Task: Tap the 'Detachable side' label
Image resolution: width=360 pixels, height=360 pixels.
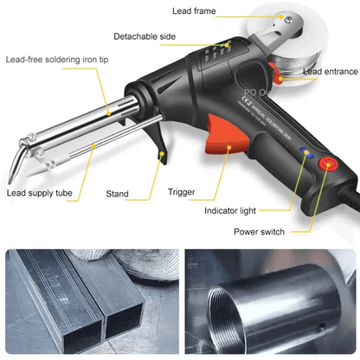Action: (x=146, y=36)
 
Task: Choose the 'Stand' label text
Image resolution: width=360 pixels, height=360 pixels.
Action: (x=119, y=193)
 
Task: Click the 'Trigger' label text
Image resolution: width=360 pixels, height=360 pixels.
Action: (x=182, y=192)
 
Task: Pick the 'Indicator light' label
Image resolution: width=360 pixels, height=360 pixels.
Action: (x=235, y=210)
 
